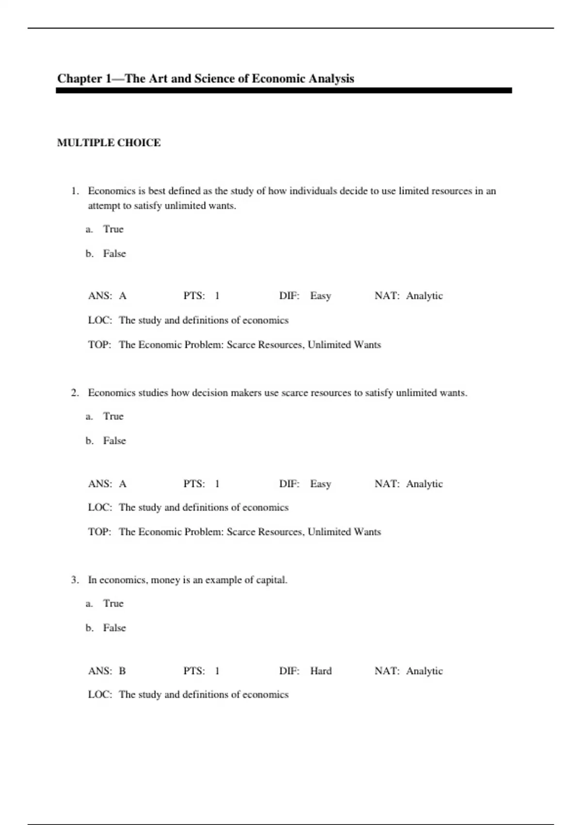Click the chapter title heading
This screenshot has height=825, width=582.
pyautogui.click(x=206, y=79)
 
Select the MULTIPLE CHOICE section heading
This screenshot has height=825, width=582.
pyautogui.click(x=109, y=143)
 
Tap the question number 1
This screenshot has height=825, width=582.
pyautogui.click(x=75, y=191)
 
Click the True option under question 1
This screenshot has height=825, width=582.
pyautogui.click(x=113, y=229)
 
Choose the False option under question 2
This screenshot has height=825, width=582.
pyautogui.click(x=114, y=441)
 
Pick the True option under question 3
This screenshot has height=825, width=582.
pyautogui.click(x=113, y=603)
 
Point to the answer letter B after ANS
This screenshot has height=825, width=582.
pyautogui.click(x=122, y=671)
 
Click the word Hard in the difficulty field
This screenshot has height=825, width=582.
pyautogui.click(x=321, y=671)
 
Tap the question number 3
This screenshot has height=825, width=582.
pyautogui.click(x=75, y=580)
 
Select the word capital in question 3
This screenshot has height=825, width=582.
pyautogui.click(x=271, y=580)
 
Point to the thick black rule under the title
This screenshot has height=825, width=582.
pyautogui.click(x=284, y=91)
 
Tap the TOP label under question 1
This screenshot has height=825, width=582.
pyautogui.click(x=99, y=345)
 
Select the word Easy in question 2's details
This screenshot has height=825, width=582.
pyautogui.click(x=321, y=484)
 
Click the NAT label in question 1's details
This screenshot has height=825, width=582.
pyautogui.click(x=387, y=296)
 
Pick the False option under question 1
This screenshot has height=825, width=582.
pyautogui.click(x=114, y=253)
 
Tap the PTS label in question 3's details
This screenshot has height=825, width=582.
pyautogui.click(x=194, y=671)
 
